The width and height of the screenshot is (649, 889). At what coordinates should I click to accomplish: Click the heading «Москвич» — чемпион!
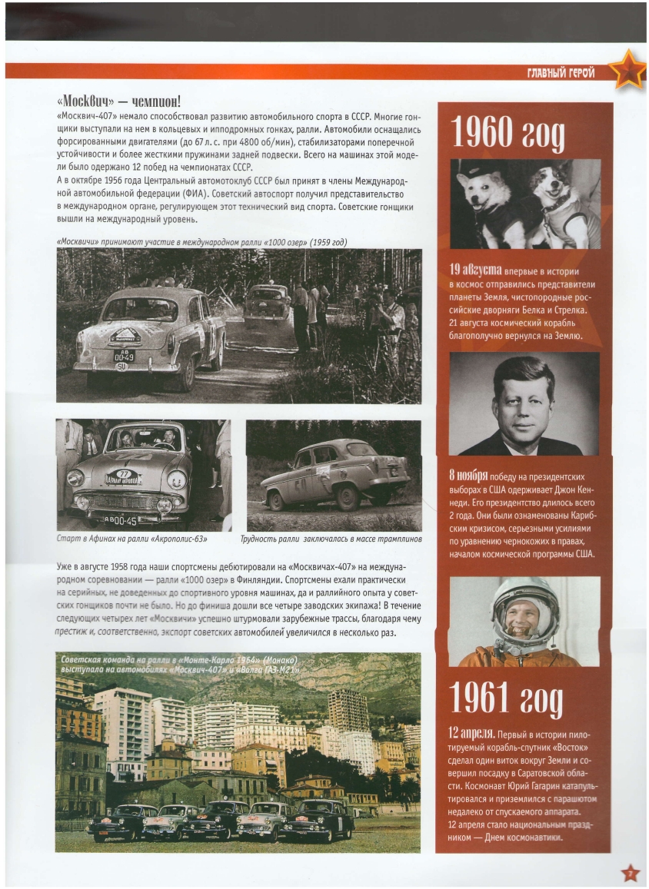(118, 102)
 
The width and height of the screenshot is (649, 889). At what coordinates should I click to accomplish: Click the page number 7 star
(630, 873)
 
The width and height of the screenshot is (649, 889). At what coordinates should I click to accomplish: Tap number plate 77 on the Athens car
(123, 477)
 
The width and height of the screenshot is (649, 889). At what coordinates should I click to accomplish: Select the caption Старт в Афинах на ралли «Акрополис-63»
(132, 539)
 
